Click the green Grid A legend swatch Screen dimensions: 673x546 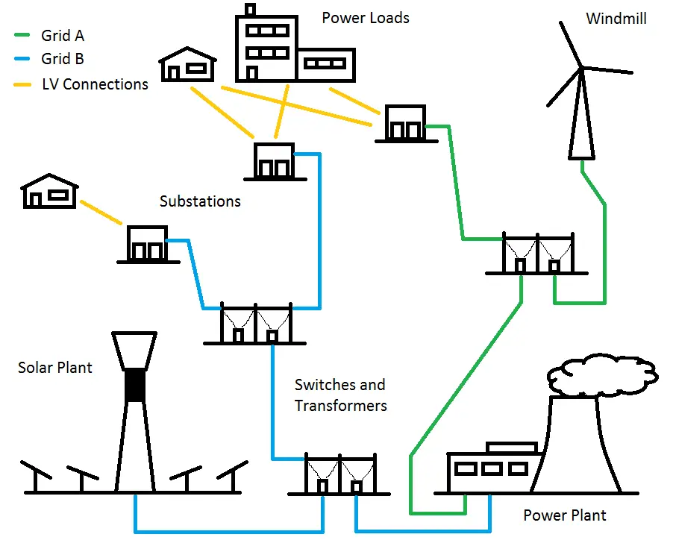pos(22,35)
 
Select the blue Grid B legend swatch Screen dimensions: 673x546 pos(22,58)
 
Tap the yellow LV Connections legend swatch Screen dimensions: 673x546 pos(22,84)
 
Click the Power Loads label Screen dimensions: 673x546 pos(366,18)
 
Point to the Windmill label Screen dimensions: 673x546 pos(616,19)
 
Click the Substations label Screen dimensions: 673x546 pos(200,201)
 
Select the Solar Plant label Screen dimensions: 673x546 pos(55,368)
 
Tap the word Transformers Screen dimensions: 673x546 pos(341,406)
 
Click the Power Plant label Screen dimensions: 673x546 pos(565,515)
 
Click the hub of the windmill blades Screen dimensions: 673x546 pos(581,67)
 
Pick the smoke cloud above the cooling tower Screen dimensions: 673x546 pos(603,374)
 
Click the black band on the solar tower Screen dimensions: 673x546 pos(135,385)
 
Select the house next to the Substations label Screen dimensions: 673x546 pos(50,192)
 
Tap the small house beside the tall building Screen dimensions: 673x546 pos(187,64)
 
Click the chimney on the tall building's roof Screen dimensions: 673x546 pos(250,10)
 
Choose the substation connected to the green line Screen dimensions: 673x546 pos(406,124)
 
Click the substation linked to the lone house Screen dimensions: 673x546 pos(148,244)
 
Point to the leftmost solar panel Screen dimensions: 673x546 pos(36,476)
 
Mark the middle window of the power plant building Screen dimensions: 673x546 pos(492,468)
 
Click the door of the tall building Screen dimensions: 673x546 pos(252,73)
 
